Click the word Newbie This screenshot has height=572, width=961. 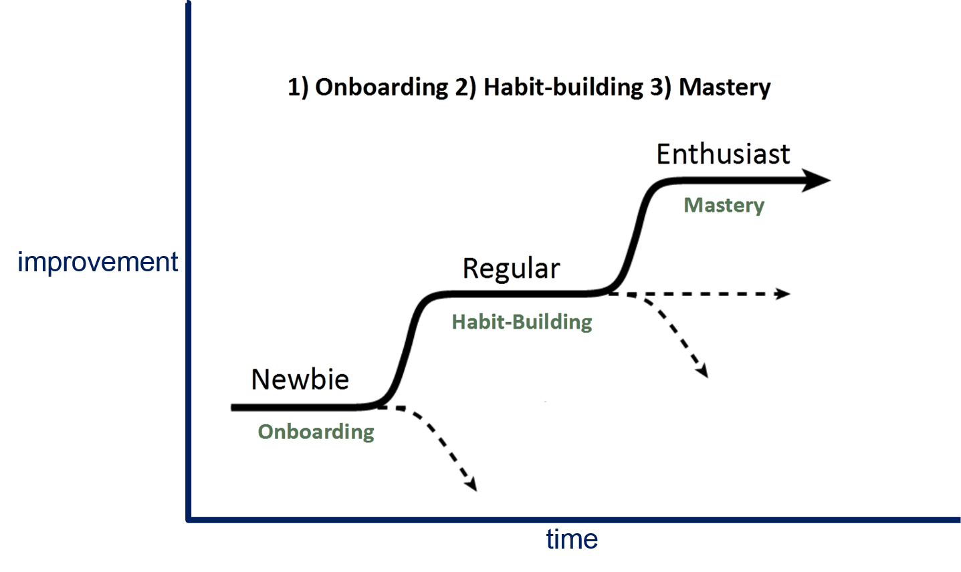point(300,380)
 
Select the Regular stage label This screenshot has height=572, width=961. point(511,269)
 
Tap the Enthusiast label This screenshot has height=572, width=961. point(723,154)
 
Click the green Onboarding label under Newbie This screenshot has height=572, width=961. point(316,432)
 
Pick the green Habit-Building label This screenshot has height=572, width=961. point(522,322)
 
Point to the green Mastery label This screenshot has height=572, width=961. point(724,204)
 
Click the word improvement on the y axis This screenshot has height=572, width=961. point(98,262)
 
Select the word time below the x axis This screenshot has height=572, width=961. point(572,539)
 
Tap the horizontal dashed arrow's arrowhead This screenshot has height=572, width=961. point(782,293)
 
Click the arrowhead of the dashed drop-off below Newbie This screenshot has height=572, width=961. point(471,484)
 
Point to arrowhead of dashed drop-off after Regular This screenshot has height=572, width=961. point(702,372)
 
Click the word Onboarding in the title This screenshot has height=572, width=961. point(381,88)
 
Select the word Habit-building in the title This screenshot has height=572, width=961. point(563,88)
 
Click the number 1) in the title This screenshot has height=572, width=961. point(298,88)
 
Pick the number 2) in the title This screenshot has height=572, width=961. point(465,88)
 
